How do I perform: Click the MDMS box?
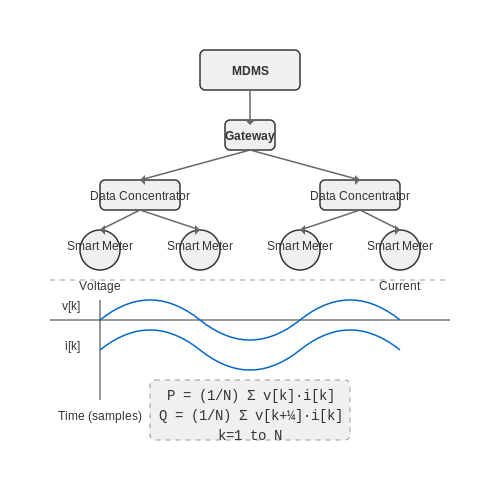tap(250, 70)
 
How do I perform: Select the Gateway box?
tap(250, 135)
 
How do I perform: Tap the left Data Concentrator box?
tap(140, 195)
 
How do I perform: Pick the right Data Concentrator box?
tap(360, 195)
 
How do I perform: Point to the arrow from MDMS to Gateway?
tap(250, 107)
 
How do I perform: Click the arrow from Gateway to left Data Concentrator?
tap(195, 165)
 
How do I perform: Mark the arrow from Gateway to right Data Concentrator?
tap(305, 165)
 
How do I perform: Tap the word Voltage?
tap(100, 286)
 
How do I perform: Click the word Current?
tap(400, 286)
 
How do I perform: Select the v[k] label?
tap(71, 306)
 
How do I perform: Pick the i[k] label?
tap(73, 346)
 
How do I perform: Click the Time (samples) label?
tap(100, 416)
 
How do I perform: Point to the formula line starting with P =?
tap(250, 396)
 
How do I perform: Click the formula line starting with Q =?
tap(250, 416)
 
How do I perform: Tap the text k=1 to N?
tap(250, 435)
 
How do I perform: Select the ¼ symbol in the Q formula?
tap(292, 416)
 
